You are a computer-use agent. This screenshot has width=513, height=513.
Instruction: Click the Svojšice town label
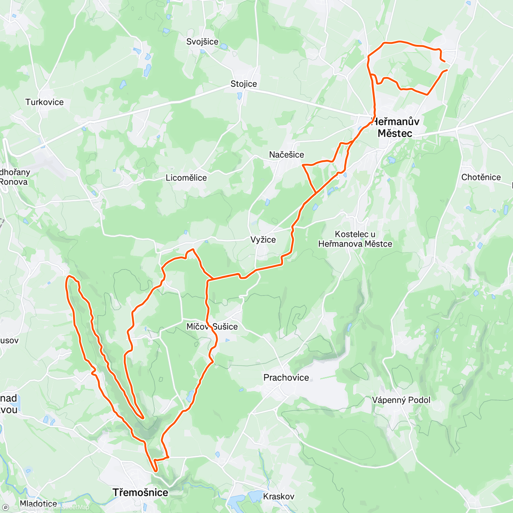[x=202, y=41]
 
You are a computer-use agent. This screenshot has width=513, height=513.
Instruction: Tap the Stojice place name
[x=244, y=84]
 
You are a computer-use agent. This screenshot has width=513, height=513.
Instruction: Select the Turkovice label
[x=44, y=102]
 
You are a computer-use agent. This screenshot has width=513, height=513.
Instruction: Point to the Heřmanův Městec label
[x=395, y=127]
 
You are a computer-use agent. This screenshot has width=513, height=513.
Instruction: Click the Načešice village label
[x=286, y=155]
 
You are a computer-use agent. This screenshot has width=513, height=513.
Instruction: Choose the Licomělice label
[x=186, y=178]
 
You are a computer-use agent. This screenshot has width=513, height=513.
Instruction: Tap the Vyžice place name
[x=263, y=240]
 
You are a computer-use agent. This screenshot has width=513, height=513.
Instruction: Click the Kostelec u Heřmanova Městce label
[x=355, y=239]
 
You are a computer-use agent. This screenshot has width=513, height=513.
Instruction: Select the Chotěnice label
[x=481, y=177]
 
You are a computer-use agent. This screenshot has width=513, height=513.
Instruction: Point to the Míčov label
[x=197, y=327]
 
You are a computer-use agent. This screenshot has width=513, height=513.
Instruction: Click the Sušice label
[x=225, y=327]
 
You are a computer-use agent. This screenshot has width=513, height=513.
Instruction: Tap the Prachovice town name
[x=286, y=377]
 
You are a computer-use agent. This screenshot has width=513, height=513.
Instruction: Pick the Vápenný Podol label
[x=401, y=400]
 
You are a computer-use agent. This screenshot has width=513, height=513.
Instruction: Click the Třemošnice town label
[x=140, y=492]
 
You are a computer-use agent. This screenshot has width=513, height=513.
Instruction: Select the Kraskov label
[x=279, y=496]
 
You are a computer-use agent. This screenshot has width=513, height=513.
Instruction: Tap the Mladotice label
[x=38, y=504]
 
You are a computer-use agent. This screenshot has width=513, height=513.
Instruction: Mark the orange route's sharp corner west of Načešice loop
[x=303, y=165]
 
